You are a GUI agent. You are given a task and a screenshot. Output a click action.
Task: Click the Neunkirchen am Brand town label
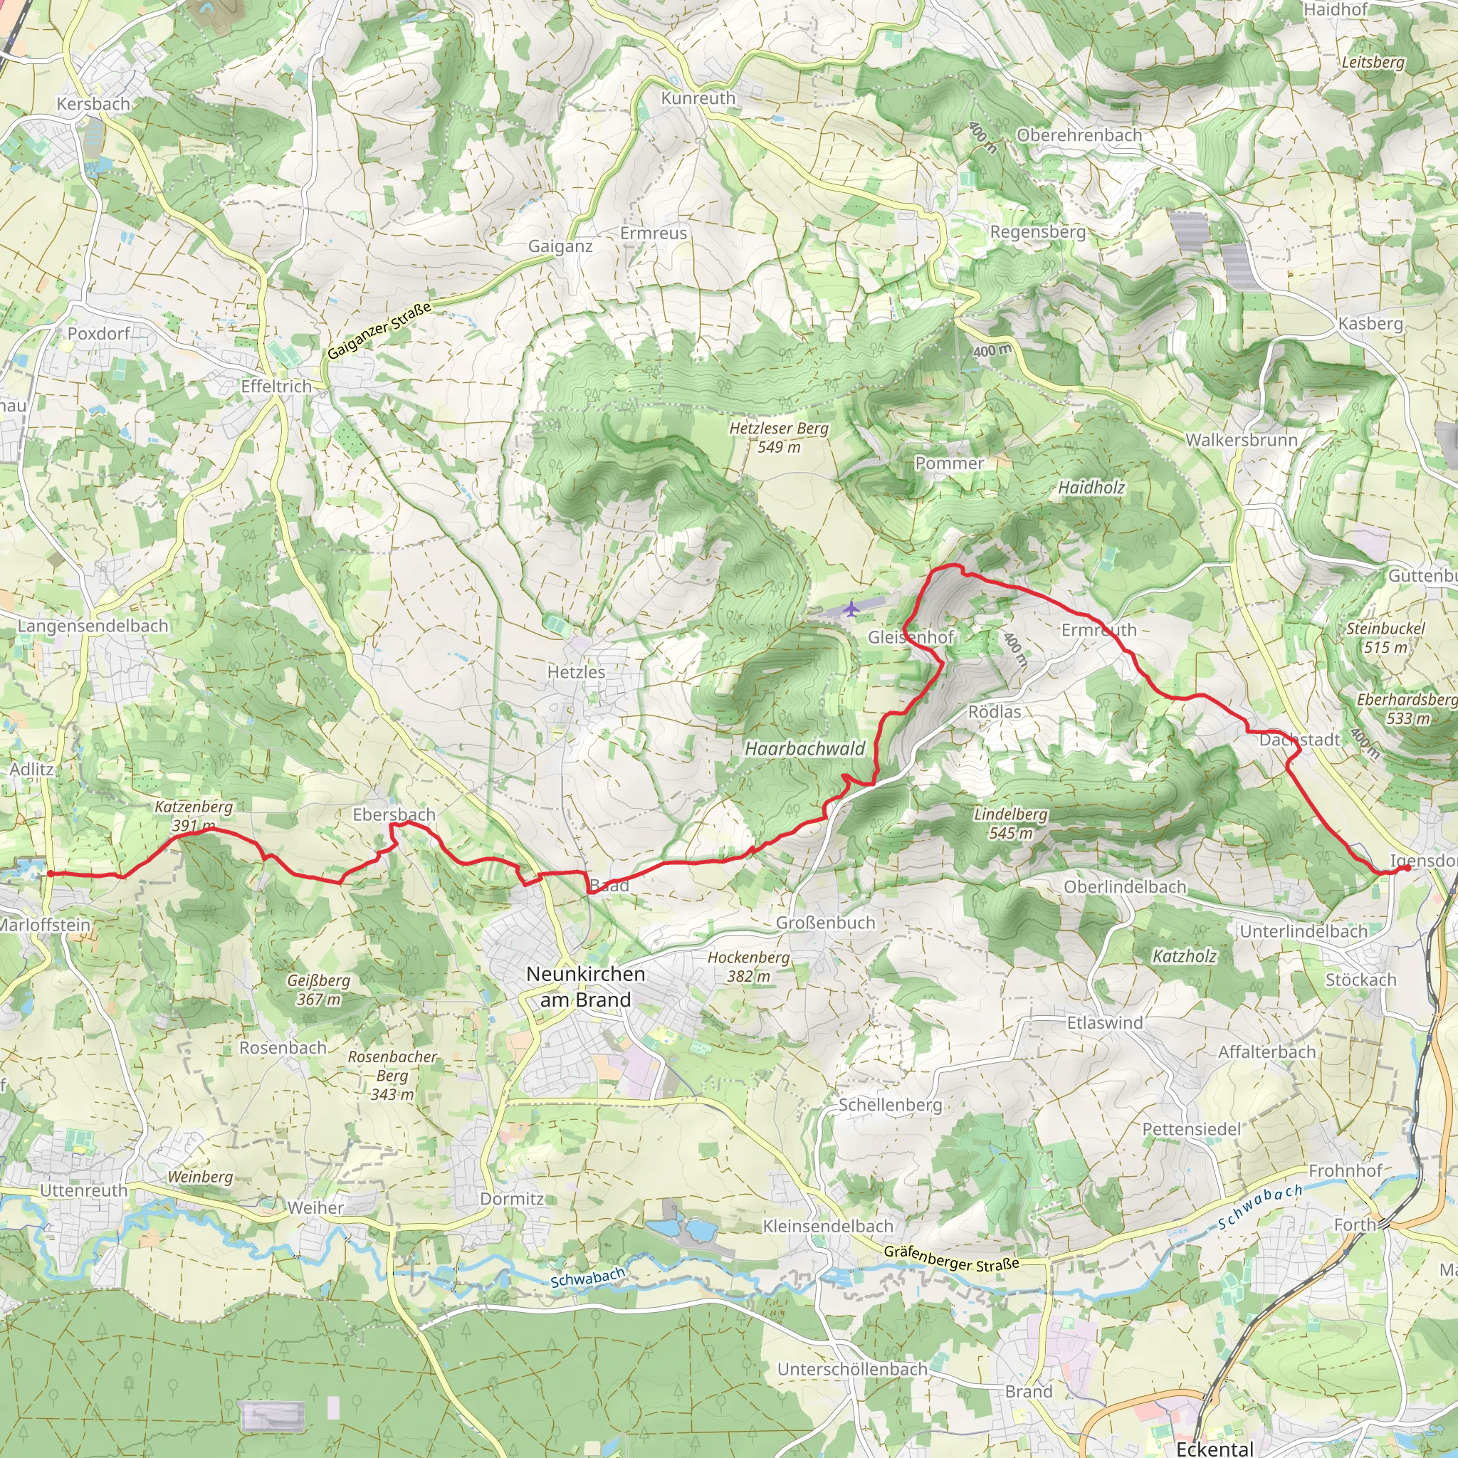pyautogui.click(x=585, y=986)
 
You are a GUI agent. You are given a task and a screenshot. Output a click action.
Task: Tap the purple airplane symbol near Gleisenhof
pyautogui.click(x=851, y=608)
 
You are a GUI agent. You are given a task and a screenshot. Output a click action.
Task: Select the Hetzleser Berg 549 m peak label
pyautogui.click(x=779, y=437)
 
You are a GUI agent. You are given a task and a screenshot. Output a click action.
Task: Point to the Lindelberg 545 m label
pyautogui.click(x=1010, y=824)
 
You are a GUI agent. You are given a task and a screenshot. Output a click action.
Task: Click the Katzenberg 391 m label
pyautogui.click(x=193, y=816)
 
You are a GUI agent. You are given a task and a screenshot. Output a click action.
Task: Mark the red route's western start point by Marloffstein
pyautogui.click(x=50, y=874)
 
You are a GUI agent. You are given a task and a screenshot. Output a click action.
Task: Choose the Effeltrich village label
pyautogui.click(x=276, y=387)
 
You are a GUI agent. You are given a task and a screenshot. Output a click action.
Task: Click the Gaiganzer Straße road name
pyautogui.click(x=379, y=330)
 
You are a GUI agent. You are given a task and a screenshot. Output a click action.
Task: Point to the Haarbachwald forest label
pyautogui.click(x=805, y=749)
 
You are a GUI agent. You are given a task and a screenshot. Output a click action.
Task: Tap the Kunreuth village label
pyautogui.click(x=698, y=98)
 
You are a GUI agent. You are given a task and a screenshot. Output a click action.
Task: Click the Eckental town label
pyautogui.click(x=1215, y=1447)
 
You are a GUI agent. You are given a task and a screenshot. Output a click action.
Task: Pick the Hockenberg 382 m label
pyautogui.click(x=749, y=967)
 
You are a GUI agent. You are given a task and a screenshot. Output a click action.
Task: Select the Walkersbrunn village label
pyautogui.click(x=1242, y=440)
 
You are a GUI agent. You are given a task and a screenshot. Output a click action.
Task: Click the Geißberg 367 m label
pyautogui.click(x=318, y=990)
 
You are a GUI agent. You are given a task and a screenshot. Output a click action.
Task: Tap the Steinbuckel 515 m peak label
pyautogui.click(x=1385, y=638)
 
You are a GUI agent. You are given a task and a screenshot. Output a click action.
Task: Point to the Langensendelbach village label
pyautogui.click(x=93, y=626)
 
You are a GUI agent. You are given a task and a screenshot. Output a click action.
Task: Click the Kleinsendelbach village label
pyautogui.click(x=828, y=1227)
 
